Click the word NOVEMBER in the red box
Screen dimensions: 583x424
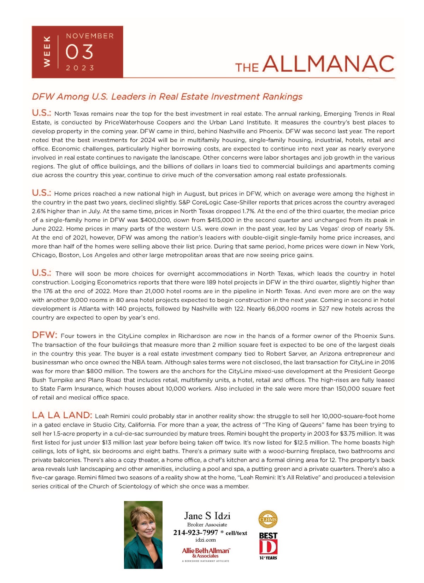click(x=90, y=36)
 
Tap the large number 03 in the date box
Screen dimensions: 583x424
click(x=79, y=52)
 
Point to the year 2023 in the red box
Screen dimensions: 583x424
click(x=80, y=68)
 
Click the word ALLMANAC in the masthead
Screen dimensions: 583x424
click(x=328, y=64)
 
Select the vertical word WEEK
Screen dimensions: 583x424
click(x=46, y=52)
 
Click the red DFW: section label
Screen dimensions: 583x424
click(x=45, y=335)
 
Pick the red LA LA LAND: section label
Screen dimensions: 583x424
click(x=62, y=415)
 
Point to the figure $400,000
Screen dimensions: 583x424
click(x=154, y=220)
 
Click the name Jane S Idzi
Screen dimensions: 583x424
click(x=207, y=516)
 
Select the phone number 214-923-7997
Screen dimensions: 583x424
click(x=195, y=533)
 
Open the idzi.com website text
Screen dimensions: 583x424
click(x=205, y=540)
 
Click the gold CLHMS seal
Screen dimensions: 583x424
click(x=268, y=519)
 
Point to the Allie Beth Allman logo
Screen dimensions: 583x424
click(x=206, y=552)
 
